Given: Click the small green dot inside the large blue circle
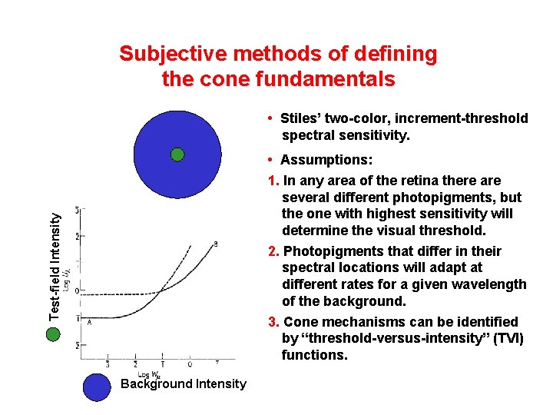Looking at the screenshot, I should (177, 154).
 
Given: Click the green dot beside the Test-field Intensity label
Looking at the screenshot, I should (52, 334).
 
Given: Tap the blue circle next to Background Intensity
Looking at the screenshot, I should (97, 387).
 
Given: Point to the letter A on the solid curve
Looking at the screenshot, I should (89, 323).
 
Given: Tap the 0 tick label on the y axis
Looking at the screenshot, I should (75, 291).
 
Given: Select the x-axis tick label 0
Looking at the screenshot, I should (190, 364).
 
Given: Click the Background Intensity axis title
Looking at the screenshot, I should (184, 383).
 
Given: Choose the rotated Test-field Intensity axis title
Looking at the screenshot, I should (55, 266).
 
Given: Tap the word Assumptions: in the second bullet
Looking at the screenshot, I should (326, 160).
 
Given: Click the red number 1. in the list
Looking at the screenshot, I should (274, 181).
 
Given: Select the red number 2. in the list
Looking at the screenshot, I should (274, 251).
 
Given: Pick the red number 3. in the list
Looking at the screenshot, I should (274, 322).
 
